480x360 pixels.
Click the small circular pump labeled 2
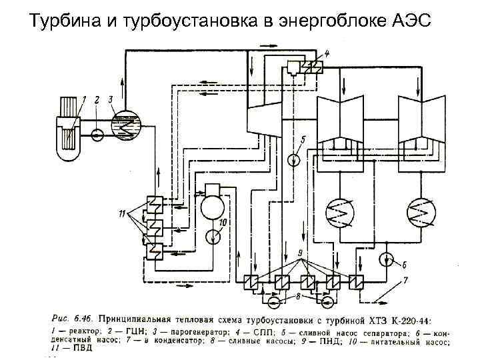(x=97, y=135)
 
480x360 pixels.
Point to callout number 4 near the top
(x=327, y=53)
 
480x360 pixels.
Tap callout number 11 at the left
(x=121, y=213)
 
